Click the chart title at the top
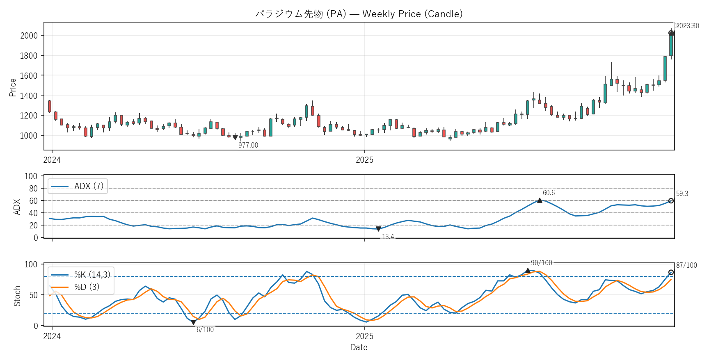point(359,14)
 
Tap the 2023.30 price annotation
point(687,26)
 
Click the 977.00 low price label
point(248,145)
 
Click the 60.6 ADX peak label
point(549,193)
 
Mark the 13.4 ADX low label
point(388,237)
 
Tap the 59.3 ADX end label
point(682,194)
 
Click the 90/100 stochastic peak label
point(541,263)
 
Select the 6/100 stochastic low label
point(205,330)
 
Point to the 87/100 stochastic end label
point(686,265)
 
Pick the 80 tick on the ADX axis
point(33,189)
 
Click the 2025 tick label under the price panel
point(364,160)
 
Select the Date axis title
point(359,347)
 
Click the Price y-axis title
point(13,87)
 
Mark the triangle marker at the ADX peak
point(540,200)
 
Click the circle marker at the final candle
point(671,33)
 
